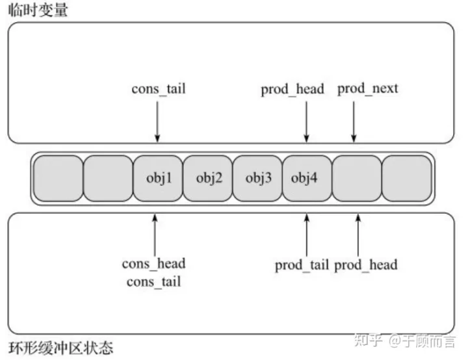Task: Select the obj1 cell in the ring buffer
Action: [x=158, y=178]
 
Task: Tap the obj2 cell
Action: [x=208, y=178]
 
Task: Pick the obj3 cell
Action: [x=257, y=178]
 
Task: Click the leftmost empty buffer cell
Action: [x=58, y=178]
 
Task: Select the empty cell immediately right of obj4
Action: [x=357, y=178]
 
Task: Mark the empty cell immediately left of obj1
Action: [x=109, y=178]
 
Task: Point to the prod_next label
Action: [x=367, y=88]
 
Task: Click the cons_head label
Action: [x=153, y=263]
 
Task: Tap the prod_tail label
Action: [x=302, y=264]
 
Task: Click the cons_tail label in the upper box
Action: [x=158, y=88]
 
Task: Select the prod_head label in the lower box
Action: [x=365, y=264]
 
